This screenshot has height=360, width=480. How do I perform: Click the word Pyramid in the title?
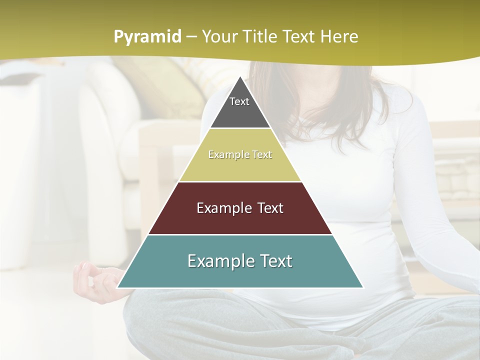click(147, 37)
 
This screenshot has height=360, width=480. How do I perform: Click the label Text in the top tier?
click(239, 101)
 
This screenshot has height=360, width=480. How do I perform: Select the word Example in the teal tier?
click(217, 261)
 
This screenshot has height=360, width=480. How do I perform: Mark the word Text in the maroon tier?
click(270, 208)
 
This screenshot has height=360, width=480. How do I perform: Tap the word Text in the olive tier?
click(262, 155)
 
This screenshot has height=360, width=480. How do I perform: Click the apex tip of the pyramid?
click(240, 78)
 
